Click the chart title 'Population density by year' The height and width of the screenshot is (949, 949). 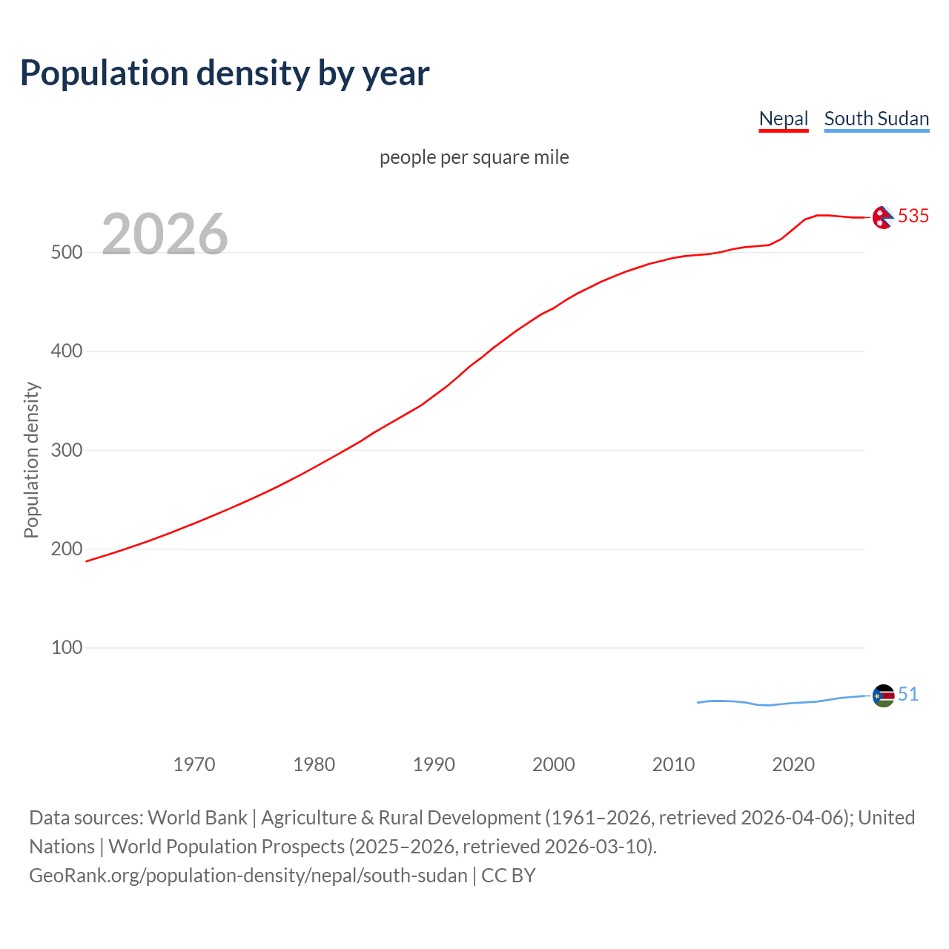click(225, 73)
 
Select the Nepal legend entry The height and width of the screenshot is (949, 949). click(783, 119)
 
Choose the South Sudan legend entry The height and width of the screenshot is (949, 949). click(876, 119)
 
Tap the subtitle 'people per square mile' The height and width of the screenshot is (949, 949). click(474, 157)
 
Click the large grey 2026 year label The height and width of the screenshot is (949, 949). click(165, 234)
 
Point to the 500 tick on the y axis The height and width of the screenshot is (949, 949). click(66, 252)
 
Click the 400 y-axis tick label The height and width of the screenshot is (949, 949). click(66, 351)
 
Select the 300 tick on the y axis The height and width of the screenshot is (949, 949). click(66, 450)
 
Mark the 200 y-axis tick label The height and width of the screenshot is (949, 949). click(66, 549)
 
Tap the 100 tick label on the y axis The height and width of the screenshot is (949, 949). click(66, 647)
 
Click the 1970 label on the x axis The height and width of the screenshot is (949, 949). click(194, 764)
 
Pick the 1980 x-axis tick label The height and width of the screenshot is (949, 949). click(314, 764)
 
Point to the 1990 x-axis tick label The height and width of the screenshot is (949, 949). click(434, 764)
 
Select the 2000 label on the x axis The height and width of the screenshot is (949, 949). click(554, 764)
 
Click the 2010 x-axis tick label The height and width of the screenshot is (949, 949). click(673, 764)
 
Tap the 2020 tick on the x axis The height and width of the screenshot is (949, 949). click(793, 764)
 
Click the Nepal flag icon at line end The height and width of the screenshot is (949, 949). click(882, 217)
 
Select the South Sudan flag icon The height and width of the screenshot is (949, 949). click(883, 695)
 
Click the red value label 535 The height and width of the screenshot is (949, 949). click(913, 216)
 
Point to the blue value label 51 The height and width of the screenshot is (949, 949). click(908, 694)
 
